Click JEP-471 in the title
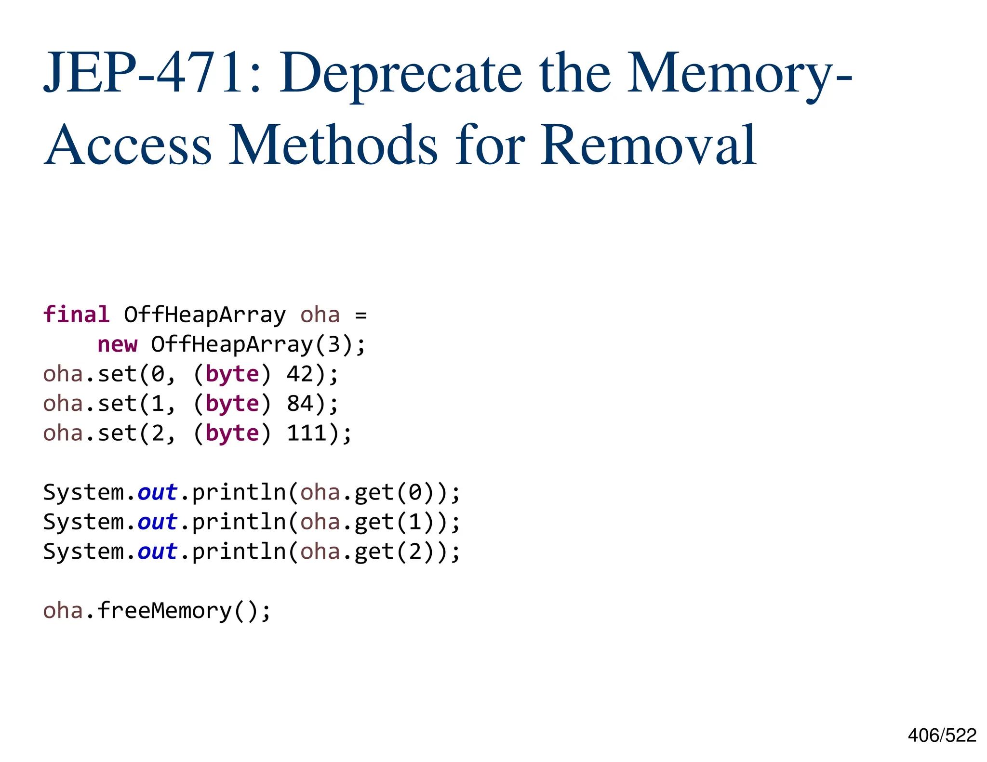145,73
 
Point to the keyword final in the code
76,315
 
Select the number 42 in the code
300,374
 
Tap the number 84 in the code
300,404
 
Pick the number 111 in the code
307,433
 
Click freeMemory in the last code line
164,611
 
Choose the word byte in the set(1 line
232,404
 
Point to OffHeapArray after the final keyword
205,315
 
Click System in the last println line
83,552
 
